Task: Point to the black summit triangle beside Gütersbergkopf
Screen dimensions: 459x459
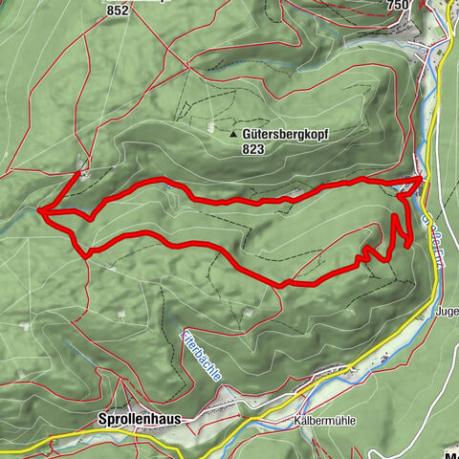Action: tap(233, 136)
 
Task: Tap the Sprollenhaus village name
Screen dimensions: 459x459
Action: tap(139, 419)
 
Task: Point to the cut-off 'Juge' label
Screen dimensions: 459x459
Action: tap(446, 312)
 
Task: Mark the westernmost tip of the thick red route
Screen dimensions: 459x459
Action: tap(39, 209)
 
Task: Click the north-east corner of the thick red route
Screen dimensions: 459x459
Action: tap(422, 178)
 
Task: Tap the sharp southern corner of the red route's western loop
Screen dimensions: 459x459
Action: tap(87, 254)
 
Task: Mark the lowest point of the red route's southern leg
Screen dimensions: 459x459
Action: tap(281, 284)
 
